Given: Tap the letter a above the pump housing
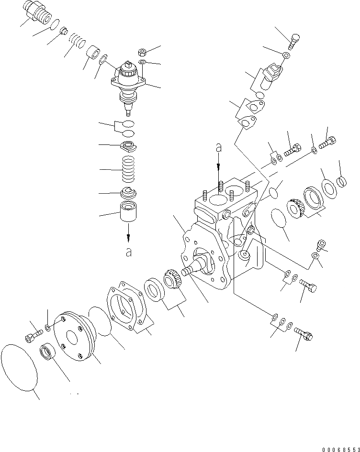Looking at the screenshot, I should click(x=218, y=149).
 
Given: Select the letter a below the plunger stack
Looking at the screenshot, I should click(x=128, y=252).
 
